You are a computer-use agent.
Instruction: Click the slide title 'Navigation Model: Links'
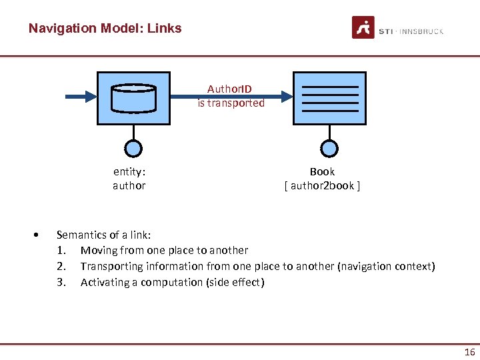(x=105, y=29)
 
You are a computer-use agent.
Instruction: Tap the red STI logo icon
(x=363, y=28)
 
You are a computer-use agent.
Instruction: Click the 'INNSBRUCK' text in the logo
(x=419, y=31)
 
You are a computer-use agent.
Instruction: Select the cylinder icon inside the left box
(x=133, y=97)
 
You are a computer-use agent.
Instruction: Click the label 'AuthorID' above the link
(x=229, y=89)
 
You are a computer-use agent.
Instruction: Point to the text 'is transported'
(x=231, y=103)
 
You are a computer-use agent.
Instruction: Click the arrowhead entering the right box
(x=285, y=97)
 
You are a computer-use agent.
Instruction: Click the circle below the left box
(x=133, y=148)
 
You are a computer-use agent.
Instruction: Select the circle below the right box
(x=329, y=148)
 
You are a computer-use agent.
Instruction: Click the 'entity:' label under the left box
(x=129, y=171)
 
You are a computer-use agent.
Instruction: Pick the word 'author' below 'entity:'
(x=129, y=186)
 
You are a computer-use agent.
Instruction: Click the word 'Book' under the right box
(x=322, y=171)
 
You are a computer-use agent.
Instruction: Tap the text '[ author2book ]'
(x=322, y=186)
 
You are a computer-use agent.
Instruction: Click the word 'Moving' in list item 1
(x=98, y=251)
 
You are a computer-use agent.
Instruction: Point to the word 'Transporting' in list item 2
(x=111, y=267)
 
